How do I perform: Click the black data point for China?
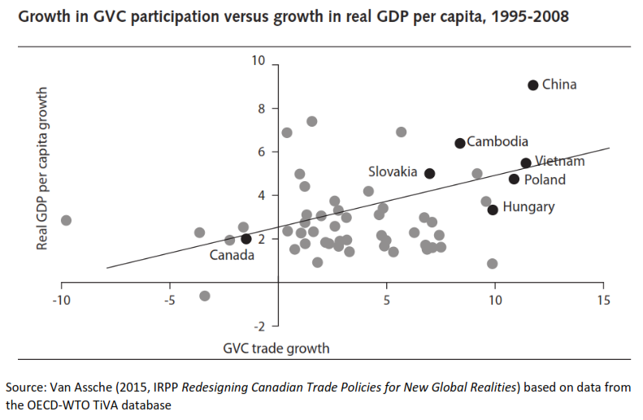[533, 84]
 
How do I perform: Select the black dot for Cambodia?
[460, 143]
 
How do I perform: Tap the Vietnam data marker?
[526, 163]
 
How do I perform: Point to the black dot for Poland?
[514, 179]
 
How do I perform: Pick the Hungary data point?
[493, 210]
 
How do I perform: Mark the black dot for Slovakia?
[430, 173]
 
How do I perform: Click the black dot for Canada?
[246, 239]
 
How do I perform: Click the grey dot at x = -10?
[66, 220]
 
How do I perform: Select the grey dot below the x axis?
[205, 296]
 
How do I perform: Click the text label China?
[559, 84]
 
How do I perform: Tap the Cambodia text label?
[497, 142]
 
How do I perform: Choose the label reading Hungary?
[528, 207]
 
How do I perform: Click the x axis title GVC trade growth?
[276, 349]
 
